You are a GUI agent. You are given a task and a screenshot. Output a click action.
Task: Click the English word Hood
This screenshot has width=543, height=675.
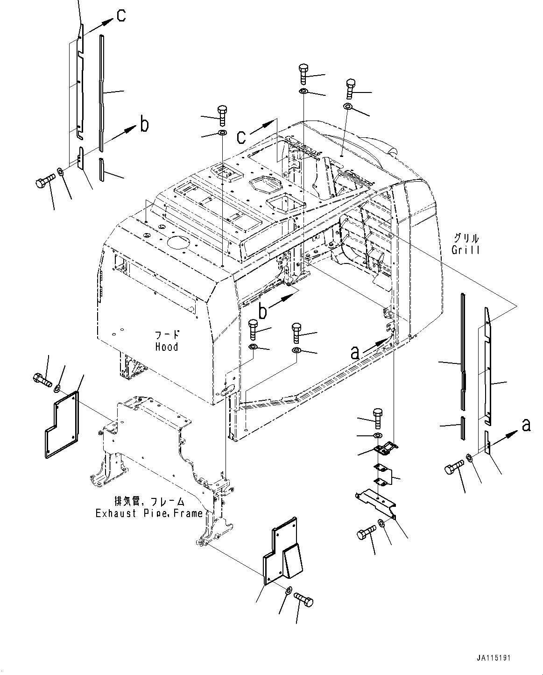tap(167, 347)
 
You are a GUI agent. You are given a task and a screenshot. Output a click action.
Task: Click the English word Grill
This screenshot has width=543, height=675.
tap(465, 250)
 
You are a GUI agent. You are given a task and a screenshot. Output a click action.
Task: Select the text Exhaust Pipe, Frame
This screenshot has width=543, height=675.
tap(149, 513)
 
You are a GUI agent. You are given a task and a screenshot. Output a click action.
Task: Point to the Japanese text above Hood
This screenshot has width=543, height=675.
tap(167, 335)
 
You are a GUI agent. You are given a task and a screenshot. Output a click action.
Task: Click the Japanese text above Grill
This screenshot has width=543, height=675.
tap(466, 237)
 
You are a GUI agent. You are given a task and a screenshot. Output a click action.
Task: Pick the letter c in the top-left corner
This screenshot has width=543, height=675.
tap(121, 16)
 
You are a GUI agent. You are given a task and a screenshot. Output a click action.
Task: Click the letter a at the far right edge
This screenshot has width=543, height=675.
tap(526, 425)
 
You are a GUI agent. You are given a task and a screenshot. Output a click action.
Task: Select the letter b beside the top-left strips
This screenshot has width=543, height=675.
tap(145, 125)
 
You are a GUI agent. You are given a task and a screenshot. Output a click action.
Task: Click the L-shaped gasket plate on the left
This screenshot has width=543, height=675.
tap(62, 425)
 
